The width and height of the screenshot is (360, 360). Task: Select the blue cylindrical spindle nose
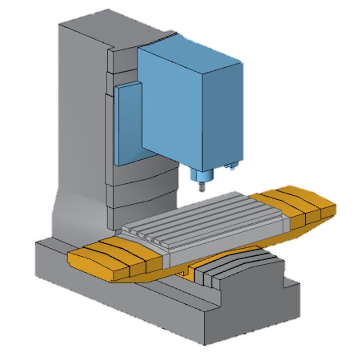point(201,175)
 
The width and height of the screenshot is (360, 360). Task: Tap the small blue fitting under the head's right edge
point(232,167)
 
